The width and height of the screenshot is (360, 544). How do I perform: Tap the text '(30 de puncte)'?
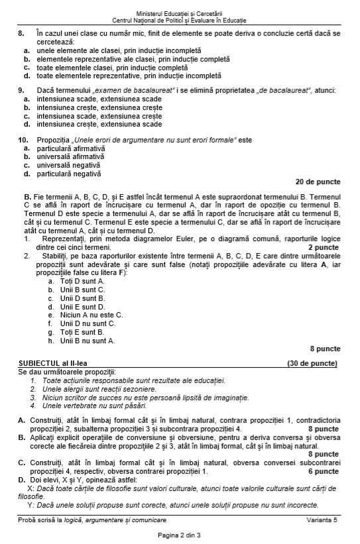312,363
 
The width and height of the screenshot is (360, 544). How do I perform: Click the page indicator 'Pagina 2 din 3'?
179,535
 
